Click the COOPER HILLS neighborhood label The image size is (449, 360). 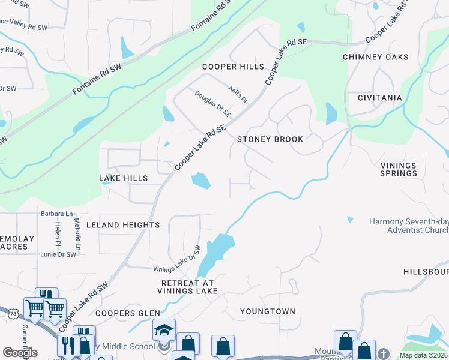234,67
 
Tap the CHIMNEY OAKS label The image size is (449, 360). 375,57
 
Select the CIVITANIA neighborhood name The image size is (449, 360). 379,98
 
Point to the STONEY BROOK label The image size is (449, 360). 270,139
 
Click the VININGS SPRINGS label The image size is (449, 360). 399,169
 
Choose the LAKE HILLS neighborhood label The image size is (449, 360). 123,179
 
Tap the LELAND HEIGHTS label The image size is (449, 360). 123,225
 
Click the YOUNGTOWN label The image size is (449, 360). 268,311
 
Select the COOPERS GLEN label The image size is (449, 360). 128,313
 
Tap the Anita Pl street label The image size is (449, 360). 238,94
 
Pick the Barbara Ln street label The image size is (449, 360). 56,214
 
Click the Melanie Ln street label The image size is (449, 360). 78,235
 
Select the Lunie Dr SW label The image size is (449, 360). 58,254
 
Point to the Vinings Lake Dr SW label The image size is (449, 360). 176,260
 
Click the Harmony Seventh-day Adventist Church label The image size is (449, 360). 408,226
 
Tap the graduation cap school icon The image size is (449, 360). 164,330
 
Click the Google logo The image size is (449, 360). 20,353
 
